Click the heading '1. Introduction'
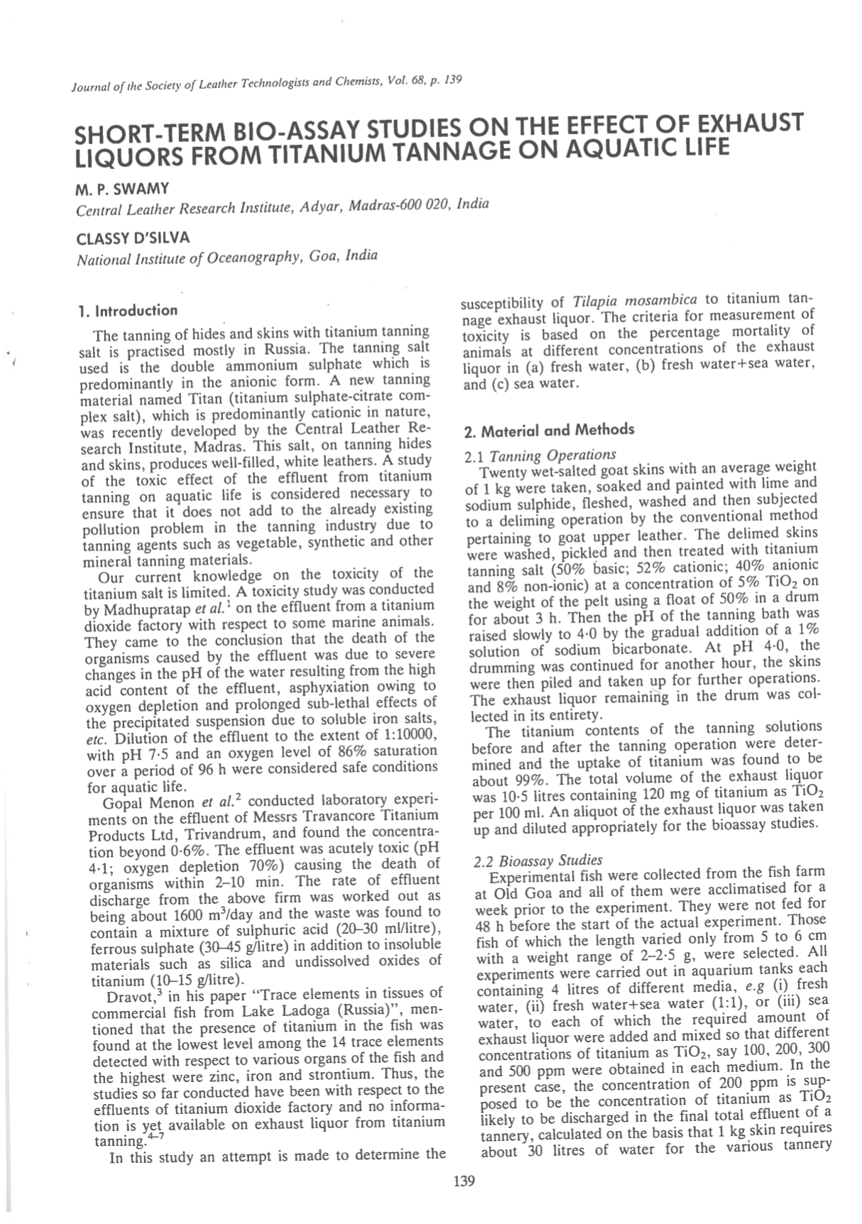(x=128, y=311)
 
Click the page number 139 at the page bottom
(x=463, y=1181)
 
